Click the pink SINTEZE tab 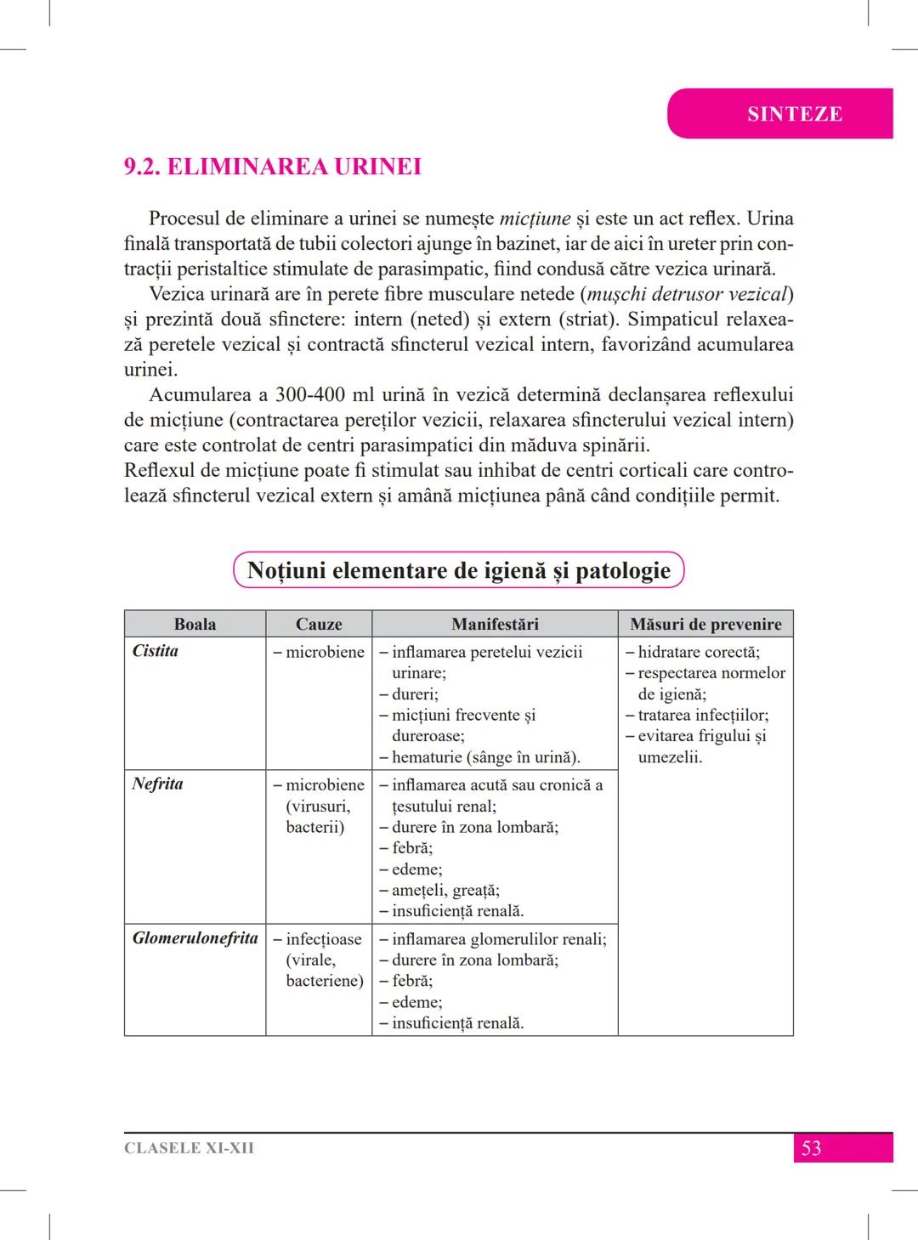click(x=794, y=114)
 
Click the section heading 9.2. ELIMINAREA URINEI click(x=273, y=167)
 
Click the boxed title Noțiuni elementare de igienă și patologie click(x=458, y=570)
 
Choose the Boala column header click(x=195, y=624)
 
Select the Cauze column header click(x=319, y=624)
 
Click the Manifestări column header click(x=495, y=624)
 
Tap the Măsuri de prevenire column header click(x=705, y=624)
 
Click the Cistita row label click(x=156, y=651)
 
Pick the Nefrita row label click(x=158, y=784)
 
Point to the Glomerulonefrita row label click(x=195, y=938)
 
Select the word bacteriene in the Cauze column click(x=325, y=981)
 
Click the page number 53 click(x=812, y=1148)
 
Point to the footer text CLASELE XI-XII click(x=189, y=1148)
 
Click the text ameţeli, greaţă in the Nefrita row click(x=445, y=890)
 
